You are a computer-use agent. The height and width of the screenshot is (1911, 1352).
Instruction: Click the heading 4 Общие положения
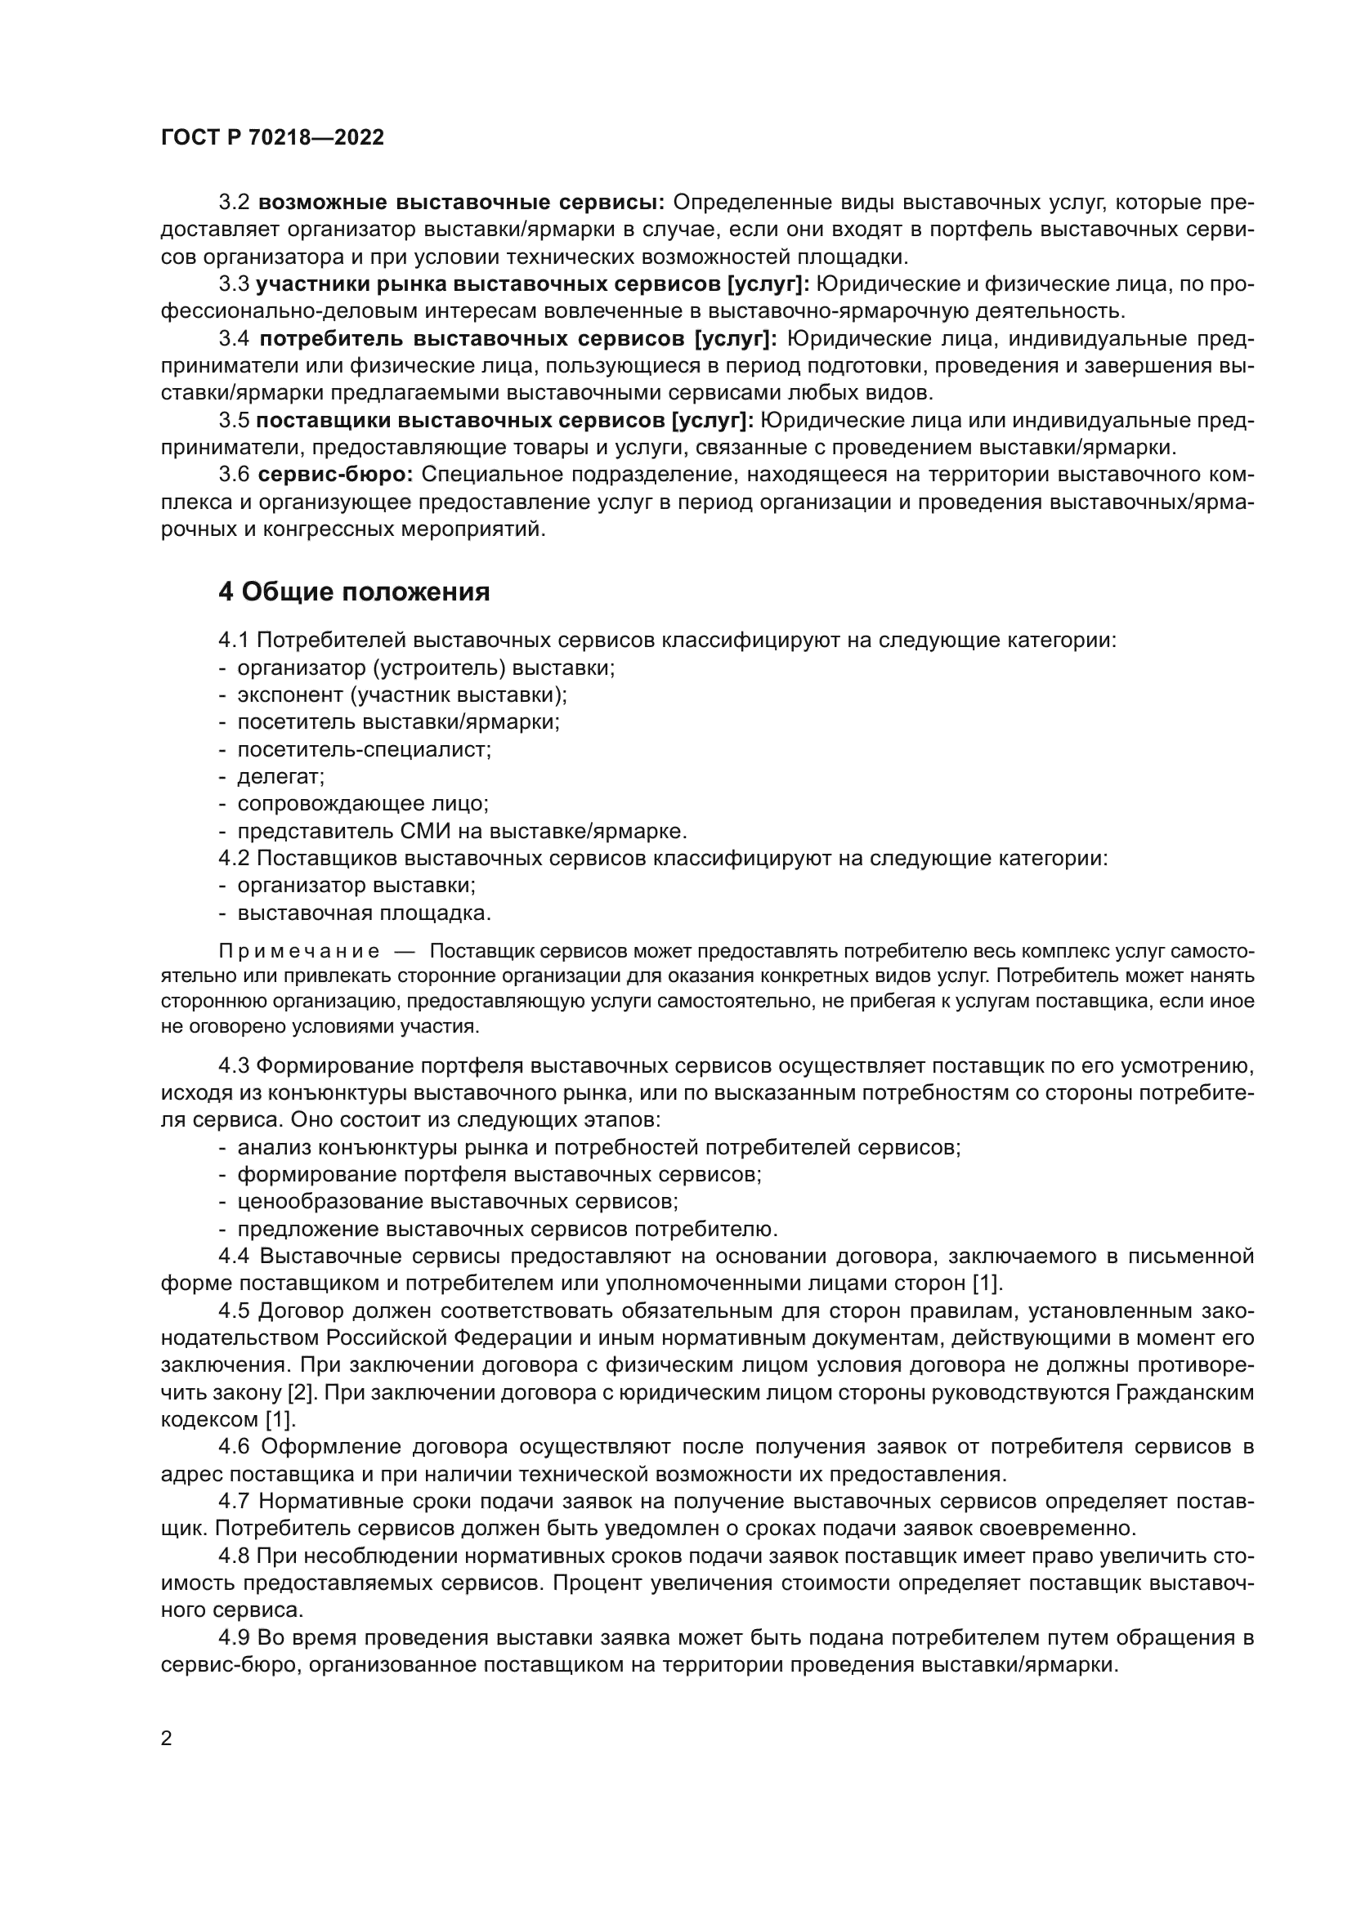coord(354,592)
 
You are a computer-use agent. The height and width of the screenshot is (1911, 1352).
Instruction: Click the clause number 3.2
coord(234,203)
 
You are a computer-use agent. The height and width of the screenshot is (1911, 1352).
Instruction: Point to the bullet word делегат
coord(280,776)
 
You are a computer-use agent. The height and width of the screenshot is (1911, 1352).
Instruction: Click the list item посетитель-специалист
coord(364,749)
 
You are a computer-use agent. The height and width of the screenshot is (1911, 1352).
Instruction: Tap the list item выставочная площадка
coord(364,913)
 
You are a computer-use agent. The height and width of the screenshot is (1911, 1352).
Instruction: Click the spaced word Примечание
coord(299,951)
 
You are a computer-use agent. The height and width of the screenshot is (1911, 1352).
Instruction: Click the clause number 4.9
coord(234,1638)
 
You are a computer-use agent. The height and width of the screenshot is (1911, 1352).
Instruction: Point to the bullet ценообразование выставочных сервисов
coord(457,1201)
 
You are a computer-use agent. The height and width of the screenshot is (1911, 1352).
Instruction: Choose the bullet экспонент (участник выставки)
coord(401,694)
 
